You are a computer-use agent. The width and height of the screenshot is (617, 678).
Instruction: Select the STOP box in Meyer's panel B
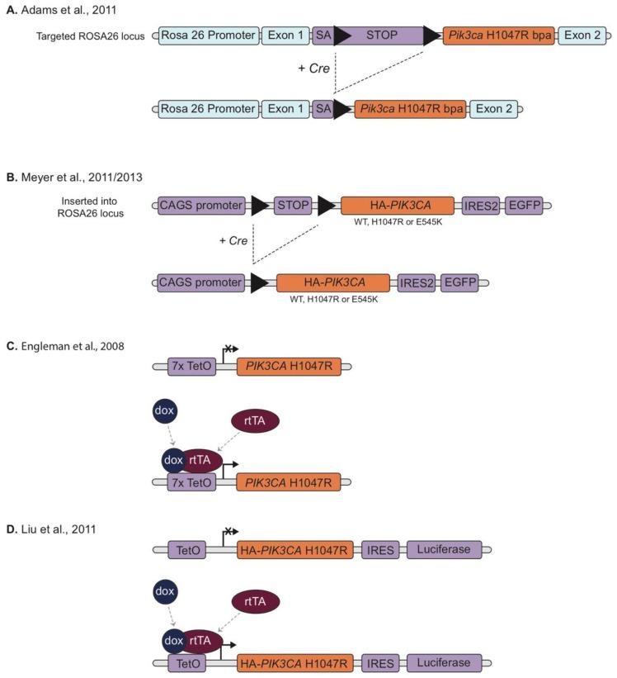click(293, 206)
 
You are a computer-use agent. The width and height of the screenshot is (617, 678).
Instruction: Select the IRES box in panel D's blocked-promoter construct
click(379, 548)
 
